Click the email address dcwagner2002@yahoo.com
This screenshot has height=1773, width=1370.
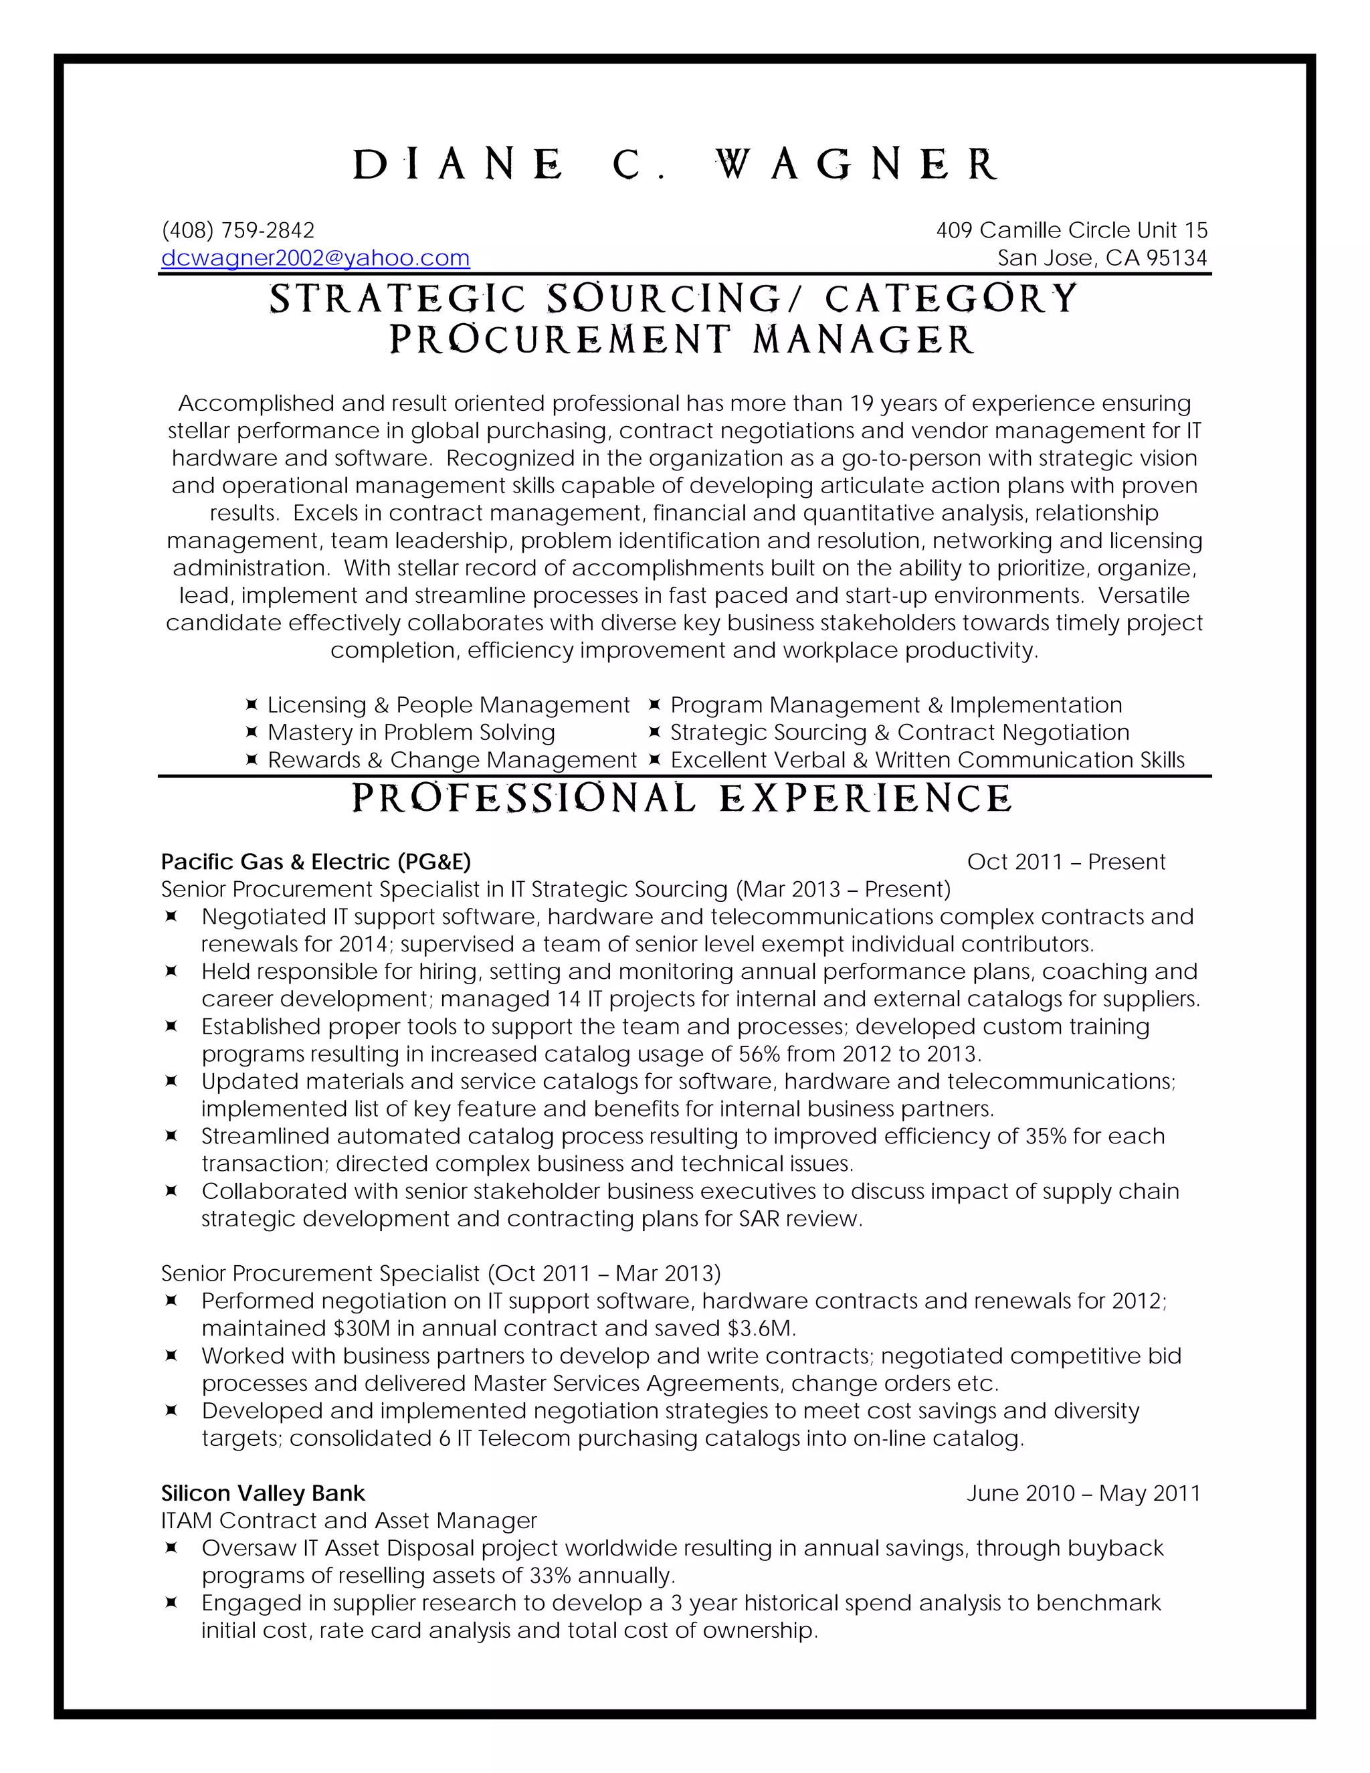pos(315,258)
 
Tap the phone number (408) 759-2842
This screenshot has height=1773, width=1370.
pos(237,231)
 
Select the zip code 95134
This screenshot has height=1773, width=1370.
pos(1177,258)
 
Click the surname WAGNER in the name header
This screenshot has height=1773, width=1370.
pos(857,165)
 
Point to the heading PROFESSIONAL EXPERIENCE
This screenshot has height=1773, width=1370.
pos(682,799)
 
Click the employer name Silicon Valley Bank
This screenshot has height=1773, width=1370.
pos(263,1493)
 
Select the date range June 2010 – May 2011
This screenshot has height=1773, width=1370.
pos(1083,1493)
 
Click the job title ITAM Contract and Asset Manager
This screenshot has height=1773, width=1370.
pos(349,1521)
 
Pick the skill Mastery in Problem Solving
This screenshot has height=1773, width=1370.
pos(411,732)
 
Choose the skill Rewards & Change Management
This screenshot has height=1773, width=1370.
pos(452,760)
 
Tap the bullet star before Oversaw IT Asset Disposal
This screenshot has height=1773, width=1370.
pos(171,1548)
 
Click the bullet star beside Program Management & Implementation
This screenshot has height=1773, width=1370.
pos(654,705)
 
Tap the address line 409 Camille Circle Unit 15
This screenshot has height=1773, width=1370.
pos(1072,231)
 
